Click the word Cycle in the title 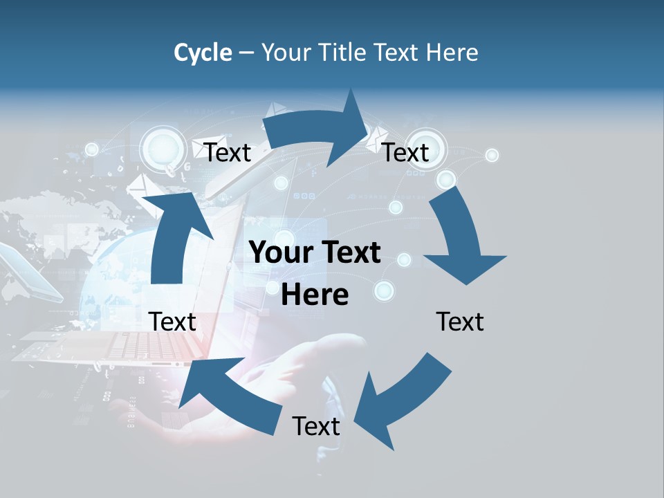[x=203, y=53]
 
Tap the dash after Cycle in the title [x=246, y=53]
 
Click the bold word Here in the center [x=315, y=295]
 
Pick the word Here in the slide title [x=453, y=53]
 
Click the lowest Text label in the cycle [x=316, y=426]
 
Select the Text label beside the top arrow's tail [x=228, y=152]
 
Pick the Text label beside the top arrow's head [x=406, y=152]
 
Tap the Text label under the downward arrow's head [x=460, y=322]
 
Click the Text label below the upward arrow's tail [x=173, y=322]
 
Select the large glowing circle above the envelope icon [x=162, y=147]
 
